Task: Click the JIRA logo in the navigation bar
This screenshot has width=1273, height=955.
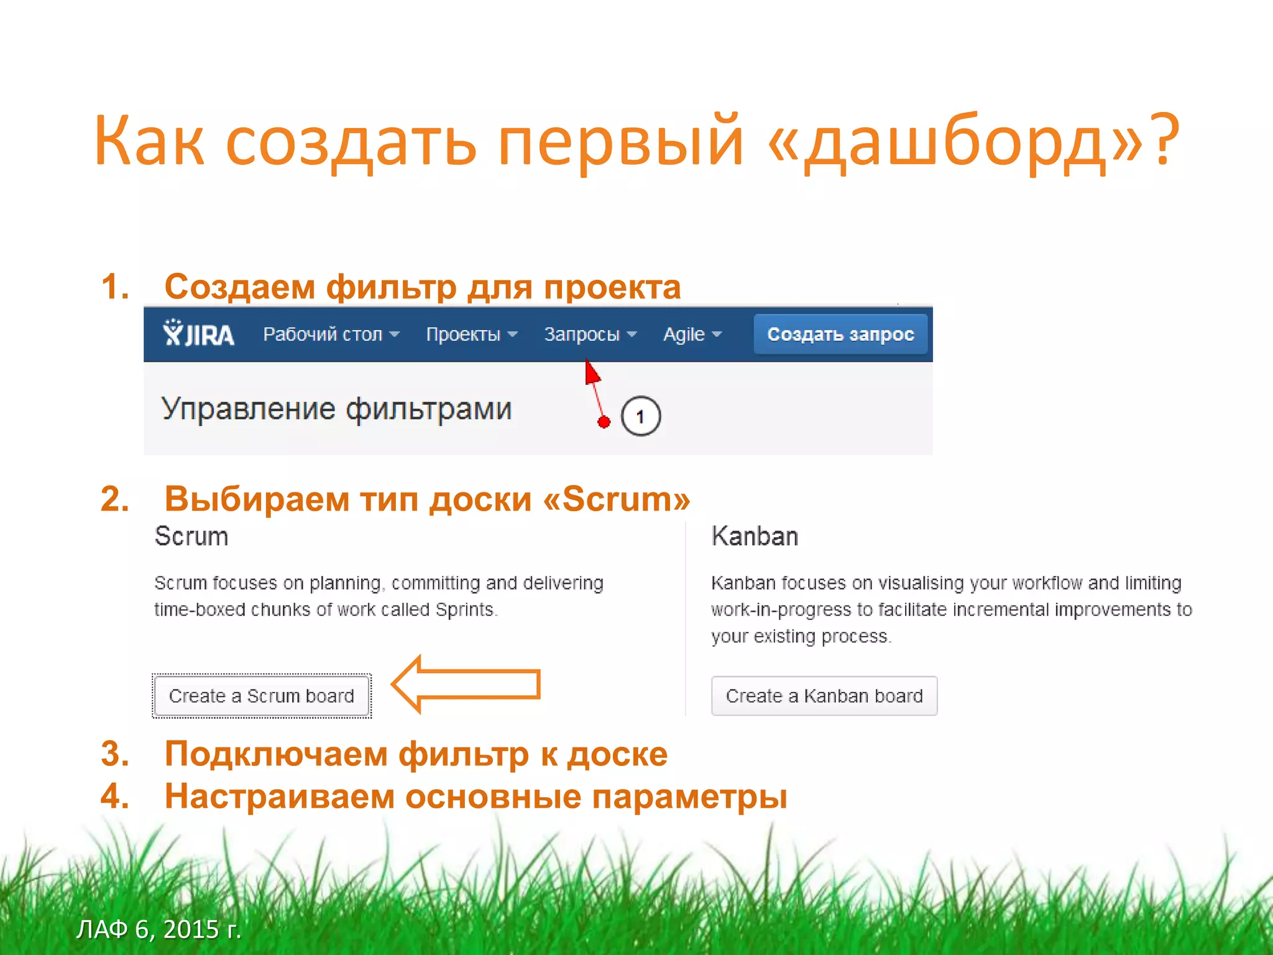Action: click(x=198, y=334)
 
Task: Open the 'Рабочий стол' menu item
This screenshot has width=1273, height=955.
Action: click(x=331, y=334)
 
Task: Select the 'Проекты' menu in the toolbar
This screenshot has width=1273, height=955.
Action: click(x=471, y=334)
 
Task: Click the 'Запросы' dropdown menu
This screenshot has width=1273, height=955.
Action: click(x=590, y=334)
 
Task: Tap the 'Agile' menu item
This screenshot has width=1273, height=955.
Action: click(x=692, y=334)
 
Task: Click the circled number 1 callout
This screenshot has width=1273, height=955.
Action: click(x=640, y=416)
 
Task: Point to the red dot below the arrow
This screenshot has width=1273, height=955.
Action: click(x=604, y=422)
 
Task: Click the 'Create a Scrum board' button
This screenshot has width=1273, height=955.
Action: click(x=262, y=696)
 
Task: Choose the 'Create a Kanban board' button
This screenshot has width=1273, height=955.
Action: click(x=824, y=696)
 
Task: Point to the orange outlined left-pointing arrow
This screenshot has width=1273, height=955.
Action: click(x=466, y=684)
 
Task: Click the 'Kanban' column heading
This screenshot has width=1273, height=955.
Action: click(x=755, y=536)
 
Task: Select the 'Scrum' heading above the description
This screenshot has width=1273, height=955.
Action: click(x=191, y=536)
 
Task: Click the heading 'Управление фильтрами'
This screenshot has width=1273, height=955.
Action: click(x=336, y=409)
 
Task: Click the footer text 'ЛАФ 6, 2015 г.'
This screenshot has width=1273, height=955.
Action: click(x=159, y=929)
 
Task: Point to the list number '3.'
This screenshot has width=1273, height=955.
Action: click(x=116, y=754)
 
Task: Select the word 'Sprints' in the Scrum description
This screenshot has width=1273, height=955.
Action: click(x=465, y=609)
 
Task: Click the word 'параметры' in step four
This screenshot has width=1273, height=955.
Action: click(x=689, y=796)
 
